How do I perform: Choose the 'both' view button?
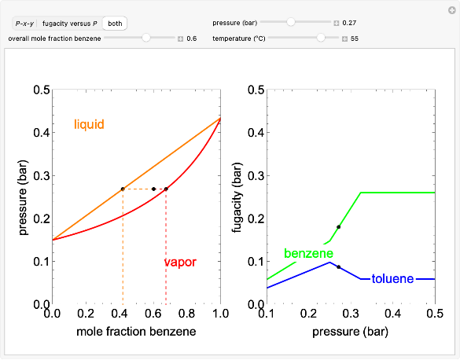point(115,24)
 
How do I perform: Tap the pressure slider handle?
point(291,22)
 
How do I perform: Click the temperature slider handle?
point(320,38)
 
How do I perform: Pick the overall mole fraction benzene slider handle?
point(146,38)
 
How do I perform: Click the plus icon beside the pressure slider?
point(337,23)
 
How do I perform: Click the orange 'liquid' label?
point(89,124)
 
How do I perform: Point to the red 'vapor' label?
point(179,262)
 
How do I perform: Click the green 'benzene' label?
point(308,254)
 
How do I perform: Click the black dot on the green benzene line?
point(339,226)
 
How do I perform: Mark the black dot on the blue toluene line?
point(339,267)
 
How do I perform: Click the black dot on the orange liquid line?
point(123,189)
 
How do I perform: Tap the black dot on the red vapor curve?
point(166,189)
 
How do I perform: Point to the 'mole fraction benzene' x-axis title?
point(136,332)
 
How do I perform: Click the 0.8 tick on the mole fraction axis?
point(186,314)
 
